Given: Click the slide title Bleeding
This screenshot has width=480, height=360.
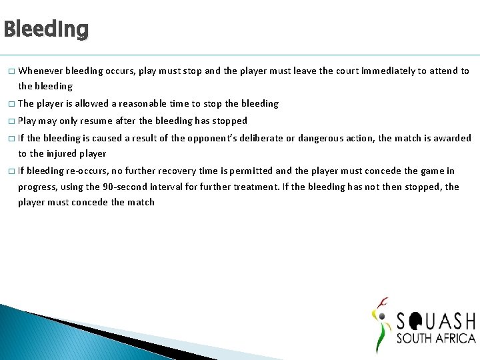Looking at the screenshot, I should (46, 29).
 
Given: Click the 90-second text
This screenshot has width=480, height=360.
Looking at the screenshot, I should (110, 187).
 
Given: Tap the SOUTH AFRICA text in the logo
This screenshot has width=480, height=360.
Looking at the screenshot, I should (436, 338).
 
